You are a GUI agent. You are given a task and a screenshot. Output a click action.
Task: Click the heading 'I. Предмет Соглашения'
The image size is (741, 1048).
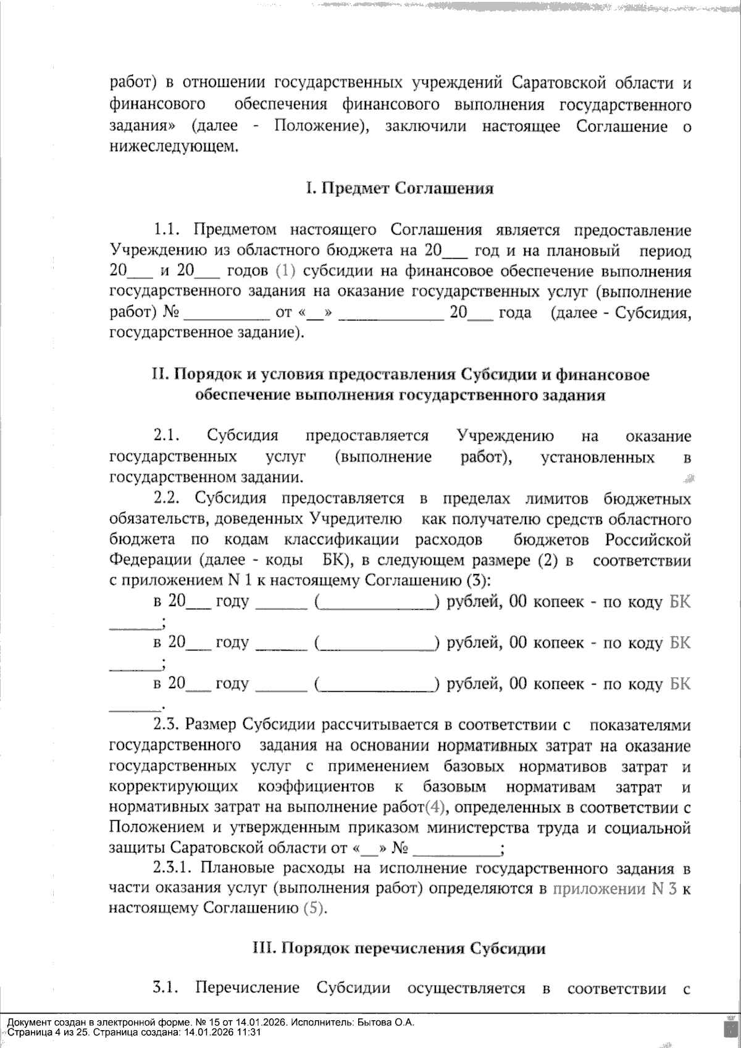(400, 189)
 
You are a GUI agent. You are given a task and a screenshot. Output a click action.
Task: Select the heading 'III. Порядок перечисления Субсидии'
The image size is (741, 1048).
(400, 948)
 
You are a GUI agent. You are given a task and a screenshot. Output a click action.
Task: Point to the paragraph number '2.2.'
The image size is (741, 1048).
(166, 499)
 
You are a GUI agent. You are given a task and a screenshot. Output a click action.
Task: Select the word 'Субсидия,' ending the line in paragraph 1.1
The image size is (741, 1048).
(655, 313)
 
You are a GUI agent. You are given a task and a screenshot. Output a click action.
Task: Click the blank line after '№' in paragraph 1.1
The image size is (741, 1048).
(227, 314)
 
